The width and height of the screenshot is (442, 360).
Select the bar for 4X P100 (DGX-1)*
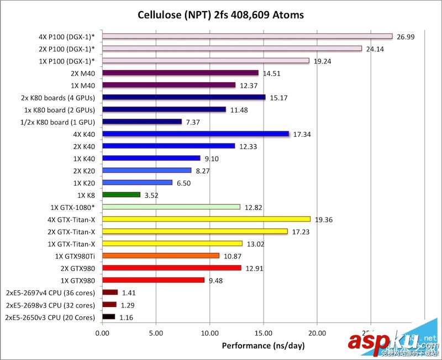(x=247, y=36)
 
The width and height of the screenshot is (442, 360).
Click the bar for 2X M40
(x=180, y=73)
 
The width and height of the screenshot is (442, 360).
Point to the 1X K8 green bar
(x=121, y=194)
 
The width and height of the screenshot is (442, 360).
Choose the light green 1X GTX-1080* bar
(x=171, y=207)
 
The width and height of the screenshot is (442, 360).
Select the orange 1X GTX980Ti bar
(x=161, y=256)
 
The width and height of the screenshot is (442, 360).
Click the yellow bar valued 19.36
(x=206, y=219)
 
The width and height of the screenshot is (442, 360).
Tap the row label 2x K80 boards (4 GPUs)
(x=58, y=98)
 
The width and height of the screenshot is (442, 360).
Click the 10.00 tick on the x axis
(x=209, y=333)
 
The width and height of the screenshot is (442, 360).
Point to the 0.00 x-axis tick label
(x=102, y=333)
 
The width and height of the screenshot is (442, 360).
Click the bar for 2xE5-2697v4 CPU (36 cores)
(x=110, y=293)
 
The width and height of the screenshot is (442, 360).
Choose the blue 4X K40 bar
(x=196, y=134)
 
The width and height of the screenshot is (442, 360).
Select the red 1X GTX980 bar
(x=153, y=280)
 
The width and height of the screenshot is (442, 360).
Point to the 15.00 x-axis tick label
(x=263, y=333)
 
